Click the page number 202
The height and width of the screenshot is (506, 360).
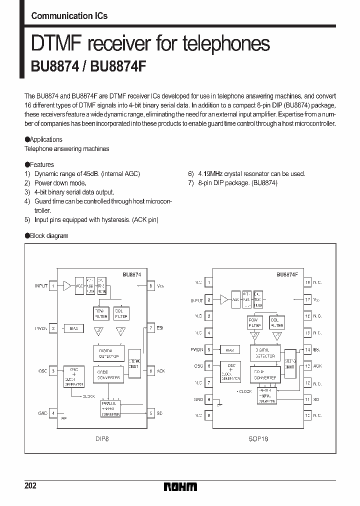pos(30,486)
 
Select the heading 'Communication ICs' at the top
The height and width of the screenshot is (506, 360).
pos(69,15)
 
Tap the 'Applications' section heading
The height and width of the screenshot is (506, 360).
pos(45,139)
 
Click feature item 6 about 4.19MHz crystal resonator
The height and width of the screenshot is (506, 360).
pos(246,173)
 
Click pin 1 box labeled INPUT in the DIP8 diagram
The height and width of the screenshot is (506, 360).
pos(53,286)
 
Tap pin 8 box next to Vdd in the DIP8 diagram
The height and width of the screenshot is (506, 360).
pos(150,286)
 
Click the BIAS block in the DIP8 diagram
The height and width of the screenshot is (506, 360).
pos(74,328)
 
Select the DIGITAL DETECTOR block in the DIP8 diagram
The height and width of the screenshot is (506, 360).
pos(108,353)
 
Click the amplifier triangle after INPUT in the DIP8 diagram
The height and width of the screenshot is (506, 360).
pos(67,286)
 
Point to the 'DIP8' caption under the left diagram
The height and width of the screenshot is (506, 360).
pos(102,438)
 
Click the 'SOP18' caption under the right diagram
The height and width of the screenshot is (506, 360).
pos(258,438)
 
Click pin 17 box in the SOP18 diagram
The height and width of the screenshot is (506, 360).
pos(307,300)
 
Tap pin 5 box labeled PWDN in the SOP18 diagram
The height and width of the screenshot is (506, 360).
pos(208,350)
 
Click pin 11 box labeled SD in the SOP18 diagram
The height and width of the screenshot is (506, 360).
pos(307,399)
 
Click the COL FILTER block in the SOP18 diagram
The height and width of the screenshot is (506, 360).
pos(276,322)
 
